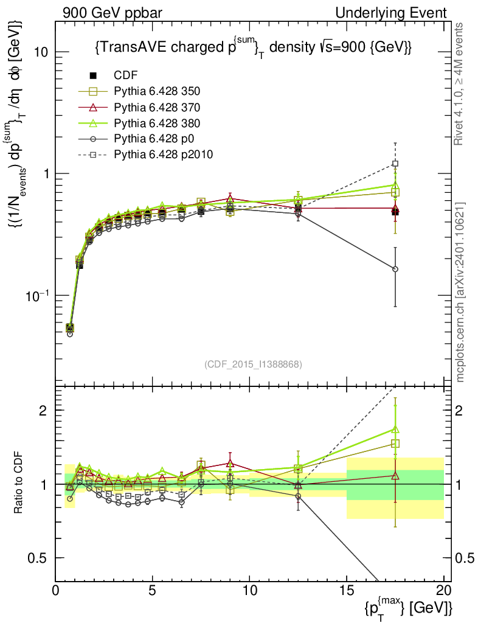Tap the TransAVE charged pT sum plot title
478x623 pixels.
point(253,49)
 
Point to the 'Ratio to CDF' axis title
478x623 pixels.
point(18,484)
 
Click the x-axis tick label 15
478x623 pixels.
point(347,591)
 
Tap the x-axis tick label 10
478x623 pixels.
point(249,591)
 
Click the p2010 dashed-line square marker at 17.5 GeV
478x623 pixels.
point(395,163)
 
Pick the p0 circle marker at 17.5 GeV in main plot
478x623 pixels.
point(395,269)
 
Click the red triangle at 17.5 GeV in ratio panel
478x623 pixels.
point(395,476)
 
